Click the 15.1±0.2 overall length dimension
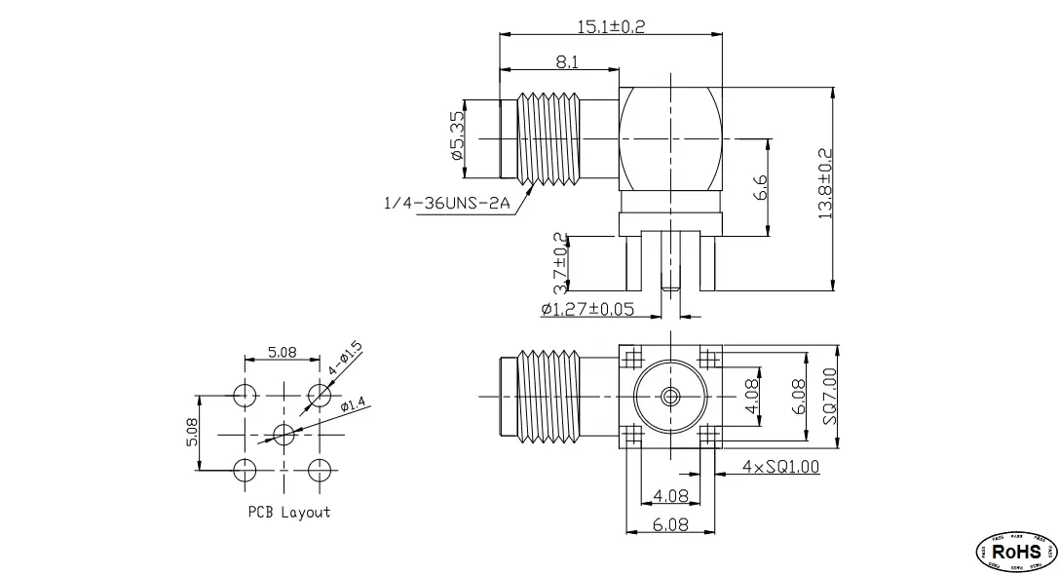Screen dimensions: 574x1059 coord(612,26)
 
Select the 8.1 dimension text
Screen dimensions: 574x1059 coord(565,61)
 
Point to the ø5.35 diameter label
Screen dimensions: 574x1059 coord(456,138)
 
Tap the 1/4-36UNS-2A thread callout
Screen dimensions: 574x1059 coord(447,203)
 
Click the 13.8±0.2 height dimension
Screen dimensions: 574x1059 coord(825,185)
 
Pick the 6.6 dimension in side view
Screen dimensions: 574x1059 coord(761,187)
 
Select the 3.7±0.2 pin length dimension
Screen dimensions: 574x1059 coord(560,263)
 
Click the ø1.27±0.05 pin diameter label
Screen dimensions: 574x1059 coord(587,309)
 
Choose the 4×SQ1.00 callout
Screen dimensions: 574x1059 coord(780,467)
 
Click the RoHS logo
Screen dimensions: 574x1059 coord(1016,553)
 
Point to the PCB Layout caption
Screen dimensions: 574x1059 coord(288,512)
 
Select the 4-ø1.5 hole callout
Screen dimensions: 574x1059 coord(346,359)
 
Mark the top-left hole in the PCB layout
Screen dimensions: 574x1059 coord(245,395)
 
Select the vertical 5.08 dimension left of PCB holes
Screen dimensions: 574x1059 coord(191,433)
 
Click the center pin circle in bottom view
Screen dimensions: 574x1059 coord(668,396)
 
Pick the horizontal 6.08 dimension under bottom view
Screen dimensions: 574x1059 coord(669,524)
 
